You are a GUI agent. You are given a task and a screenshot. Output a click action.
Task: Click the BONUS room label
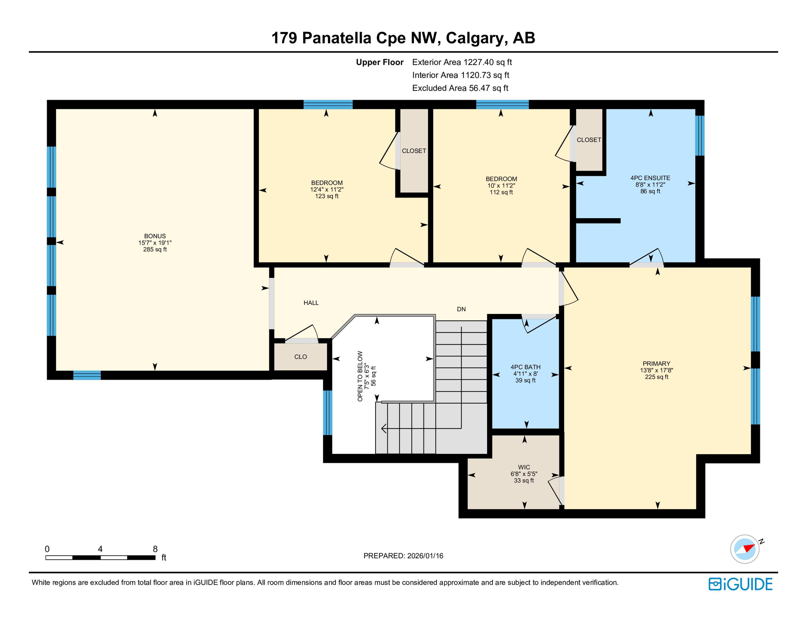[x=155, y=236]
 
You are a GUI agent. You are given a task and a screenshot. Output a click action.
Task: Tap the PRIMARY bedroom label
[x=656, y=364]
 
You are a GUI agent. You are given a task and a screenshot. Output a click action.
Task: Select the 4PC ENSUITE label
[x=650, y=178]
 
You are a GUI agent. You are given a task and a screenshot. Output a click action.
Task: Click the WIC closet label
[x=524, y=467]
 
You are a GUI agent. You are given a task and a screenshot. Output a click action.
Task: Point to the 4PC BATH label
[x=525, y=367]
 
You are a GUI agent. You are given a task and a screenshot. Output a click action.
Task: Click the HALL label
[x=311, y=303]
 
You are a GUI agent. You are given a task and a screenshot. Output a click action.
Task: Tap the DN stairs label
[x=461, y=309]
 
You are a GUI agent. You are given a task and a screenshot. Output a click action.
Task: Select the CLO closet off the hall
[x=300, y=357]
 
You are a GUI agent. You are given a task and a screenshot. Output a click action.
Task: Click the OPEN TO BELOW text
[x=360, y=376]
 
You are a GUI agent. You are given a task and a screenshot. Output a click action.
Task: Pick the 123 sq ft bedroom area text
[x=326, y=196]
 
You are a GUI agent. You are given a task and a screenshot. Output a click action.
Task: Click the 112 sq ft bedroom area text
[x=501, y=192]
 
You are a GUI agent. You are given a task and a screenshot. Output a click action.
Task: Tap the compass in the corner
[x=744, y=549]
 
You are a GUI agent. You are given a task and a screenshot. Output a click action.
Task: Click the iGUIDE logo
[x=740, y=584]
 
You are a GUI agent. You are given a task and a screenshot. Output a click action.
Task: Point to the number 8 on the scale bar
[x=155, y=549]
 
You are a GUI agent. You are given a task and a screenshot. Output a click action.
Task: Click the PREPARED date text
[x=403, y=556]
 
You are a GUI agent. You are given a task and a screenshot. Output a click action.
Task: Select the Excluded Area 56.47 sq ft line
[x=460, y=88]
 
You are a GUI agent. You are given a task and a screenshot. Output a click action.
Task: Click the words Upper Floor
[x=380, y=62]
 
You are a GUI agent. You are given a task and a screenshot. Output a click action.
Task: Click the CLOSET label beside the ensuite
[x=589, y=140]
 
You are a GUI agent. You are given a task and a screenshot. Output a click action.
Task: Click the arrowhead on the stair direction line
[x=384, y=428]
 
